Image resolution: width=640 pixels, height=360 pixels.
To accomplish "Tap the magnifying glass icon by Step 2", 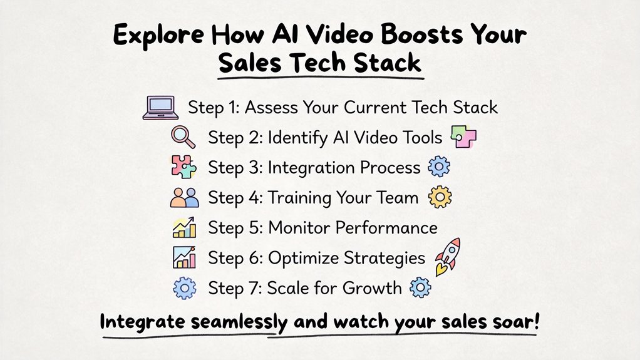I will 183,137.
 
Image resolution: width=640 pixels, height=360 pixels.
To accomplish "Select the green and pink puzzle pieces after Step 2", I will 462,137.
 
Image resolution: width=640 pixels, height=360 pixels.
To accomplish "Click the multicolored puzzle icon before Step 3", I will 183,168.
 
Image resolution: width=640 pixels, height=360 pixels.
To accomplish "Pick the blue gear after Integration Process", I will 438,167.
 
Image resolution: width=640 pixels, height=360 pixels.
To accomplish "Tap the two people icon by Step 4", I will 184,198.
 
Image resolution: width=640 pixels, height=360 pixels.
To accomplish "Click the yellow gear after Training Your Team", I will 439,198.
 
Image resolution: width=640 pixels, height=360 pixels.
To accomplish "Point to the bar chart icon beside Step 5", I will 183,227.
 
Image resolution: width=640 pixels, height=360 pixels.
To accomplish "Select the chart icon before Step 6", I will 183,257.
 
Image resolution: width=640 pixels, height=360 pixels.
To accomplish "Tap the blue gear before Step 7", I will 183,288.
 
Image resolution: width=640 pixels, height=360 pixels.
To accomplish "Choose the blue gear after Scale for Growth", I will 420,287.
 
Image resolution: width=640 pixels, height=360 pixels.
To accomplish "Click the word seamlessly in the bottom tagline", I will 240,324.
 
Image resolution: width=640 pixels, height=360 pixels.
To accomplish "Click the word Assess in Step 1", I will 274,107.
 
